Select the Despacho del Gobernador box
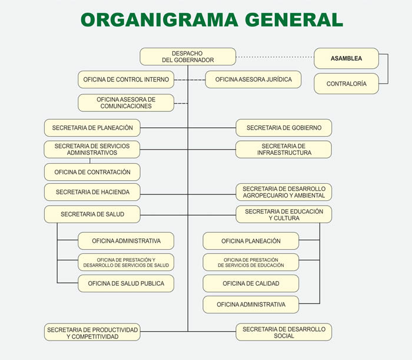pos(188,57)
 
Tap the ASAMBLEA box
pos(346,58)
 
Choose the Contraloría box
pos(346,84)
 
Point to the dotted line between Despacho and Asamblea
pos(275,57)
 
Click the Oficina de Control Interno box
pos(126,80)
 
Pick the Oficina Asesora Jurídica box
pos(253,80)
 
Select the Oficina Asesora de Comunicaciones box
pos(126,103)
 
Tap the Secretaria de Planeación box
pos(92,128)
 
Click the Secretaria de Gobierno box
pos(284,128)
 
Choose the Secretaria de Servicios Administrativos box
pos(92,149)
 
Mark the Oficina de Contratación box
pos(92,172)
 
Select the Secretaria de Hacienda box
pos(92,192)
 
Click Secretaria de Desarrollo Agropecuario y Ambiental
pos(284,192)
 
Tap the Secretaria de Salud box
pos(92,214)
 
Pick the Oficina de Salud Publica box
pos(126,283)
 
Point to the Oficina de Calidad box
pos(251,283)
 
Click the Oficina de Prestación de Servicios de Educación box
pos(251,262)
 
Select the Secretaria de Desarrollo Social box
pos(284,332)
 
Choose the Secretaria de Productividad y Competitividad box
pos(92,332)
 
